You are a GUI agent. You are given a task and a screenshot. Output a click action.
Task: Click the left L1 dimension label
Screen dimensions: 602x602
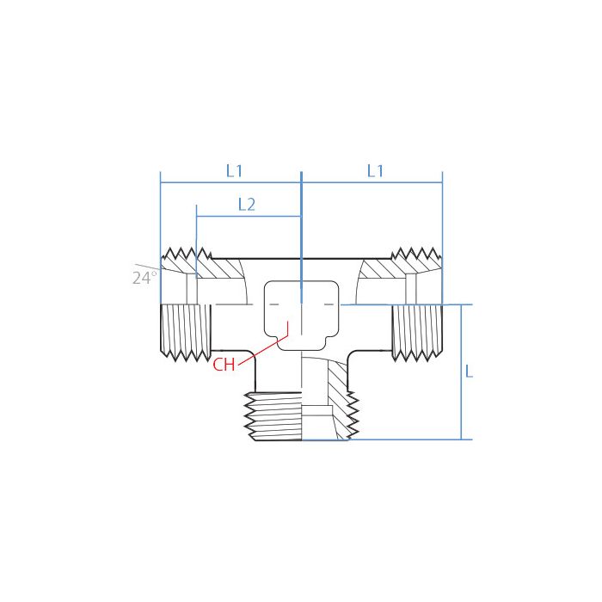click(x=234, y=171)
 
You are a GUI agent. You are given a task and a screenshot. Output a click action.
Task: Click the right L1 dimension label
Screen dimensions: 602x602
click(x=375, y=171)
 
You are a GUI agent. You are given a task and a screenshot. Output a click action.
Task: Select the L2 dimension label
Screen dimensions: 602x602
click(x=246, y=205)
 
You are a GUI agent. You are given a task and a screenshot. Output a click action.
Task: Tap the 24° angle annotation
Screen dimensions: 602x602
click(x=144, y=278)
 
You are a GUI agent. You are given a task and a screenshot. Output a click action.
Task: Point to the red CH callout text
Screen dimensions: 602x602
click(x=224, y=364)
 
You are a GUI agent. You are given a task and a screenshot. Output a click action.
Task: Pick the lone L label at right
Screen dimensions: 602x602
click(x=468, y=372)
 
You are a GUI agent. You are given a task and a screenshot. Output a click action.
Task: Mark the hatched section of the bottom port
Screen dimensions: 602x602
click(x=337, y=396)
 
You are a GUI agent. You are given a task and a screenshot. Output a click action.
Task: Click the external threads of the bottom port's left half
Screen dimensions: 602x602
click(x=273, y=416)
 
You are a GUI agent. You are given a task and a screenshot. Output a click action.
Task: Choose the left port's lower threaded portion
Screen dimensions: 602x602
click(x=185, y=332)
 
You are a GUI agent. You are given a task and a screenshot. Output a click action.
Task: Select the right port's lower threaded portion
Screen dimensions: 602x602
click(x=417, y=332)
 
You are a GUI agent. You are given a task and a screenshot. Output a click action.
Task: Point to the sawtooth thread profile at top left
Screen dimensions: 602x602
click(x=187, y=255)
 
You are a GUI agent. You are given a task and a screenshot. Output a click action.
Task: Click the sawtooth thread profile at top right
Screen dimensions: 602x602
click(x=415, y=255)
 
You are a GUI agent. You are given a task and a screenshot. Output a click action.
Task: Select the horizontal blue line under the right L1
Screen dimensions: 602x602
click(x=372, y=182)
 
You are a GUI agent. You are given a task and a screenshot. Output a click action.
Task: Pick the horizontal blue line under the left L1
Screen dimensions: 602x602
click(x=230, y=182)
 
